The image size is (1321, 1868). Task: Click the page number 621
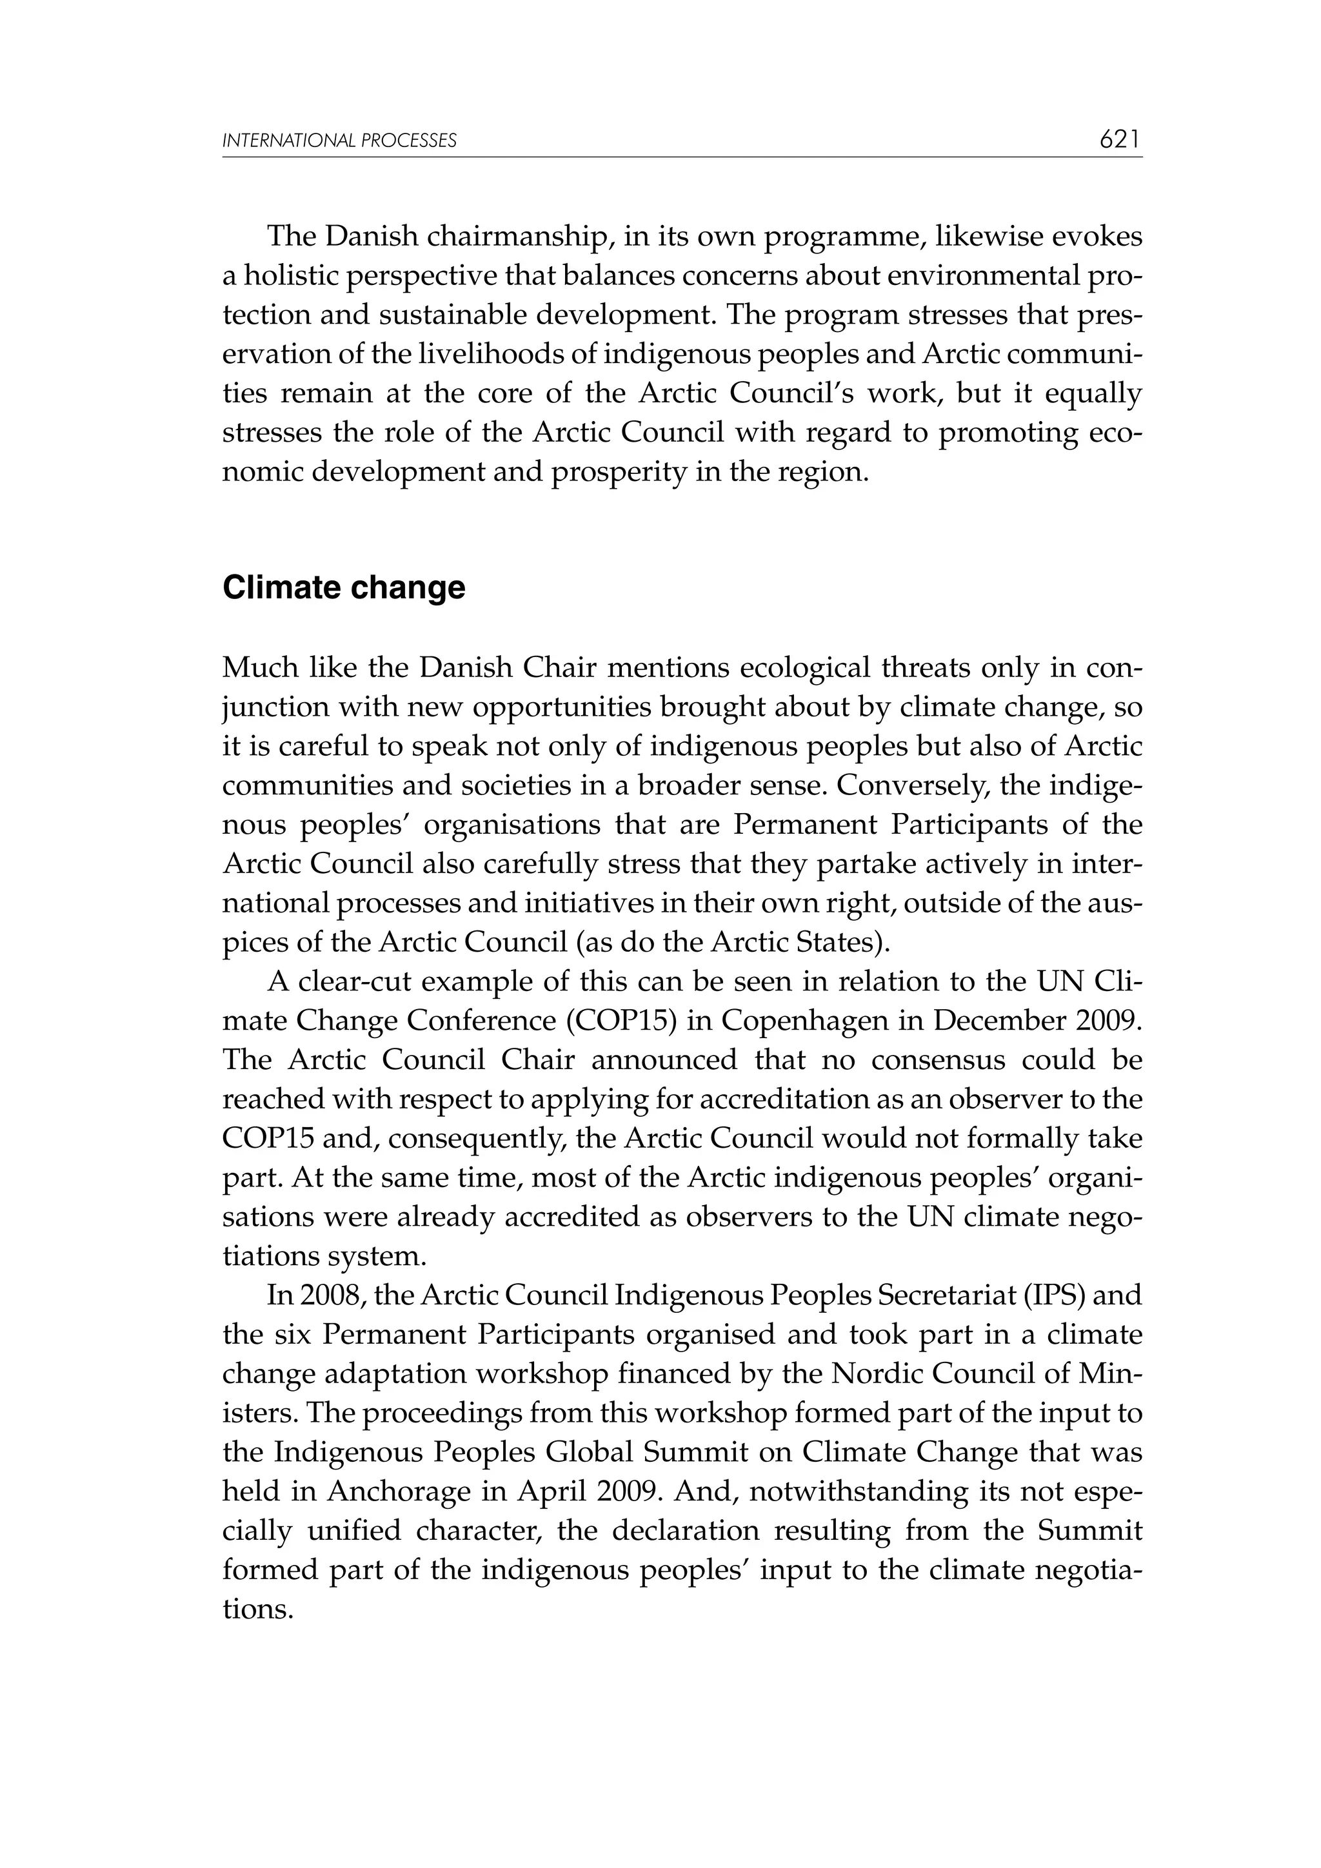point(1120,140)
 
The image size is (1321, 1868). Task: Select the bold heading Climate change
point(344,587)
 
